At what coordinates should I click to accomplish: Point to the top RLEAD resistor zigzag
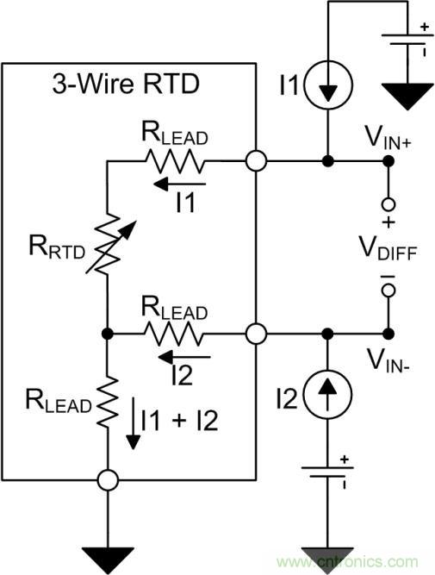pyautogui.click(x=177, y=160)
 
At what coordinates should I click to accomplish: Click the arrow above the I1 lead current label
pyautogui.click(x=180, y=183)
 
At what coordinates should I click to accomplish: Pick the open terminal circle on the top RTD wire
pyautogui.click(x=256, y=160)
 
